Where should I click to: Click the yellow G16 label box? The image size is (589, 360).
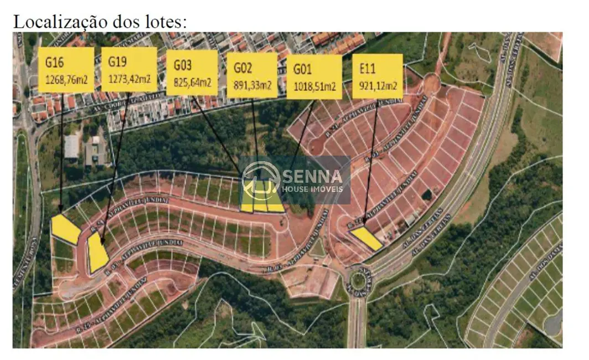(66, 70)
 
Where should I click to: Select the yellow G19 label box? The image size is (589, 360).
(129, 69)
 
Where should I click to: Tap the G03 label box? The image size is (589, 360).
(192, 73)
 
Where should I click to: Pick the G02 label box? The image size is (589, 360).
(252, 75)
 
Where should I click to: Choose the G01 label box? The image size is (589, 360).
(314, 76)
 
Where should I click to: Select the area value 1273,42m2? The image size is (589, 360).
(129, 79)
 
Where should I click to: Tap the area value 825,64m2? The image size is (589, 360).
(192, 83)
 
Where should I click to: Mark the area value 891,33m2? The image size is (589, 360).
(252, 85)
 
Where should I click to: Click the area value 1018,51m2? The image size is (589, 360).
(314, 87)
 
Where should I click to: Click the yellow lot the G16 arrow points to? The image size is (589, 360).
(66, 229)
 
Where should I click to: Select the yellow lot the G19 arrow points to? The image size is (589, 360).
(97, 253)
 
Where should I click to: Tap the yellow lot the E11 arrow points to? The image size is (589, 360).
(366, 239)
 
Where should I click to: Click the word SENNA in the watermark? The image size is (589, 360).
(314, 177)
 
